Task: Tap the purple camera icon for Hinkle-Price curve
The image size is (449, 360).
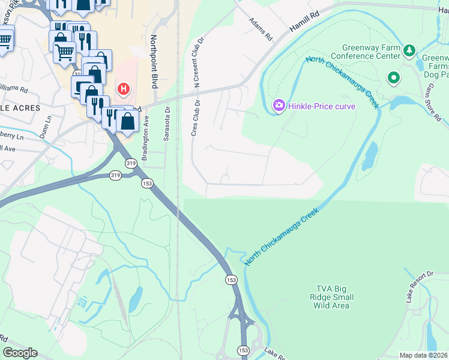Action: (279, 106)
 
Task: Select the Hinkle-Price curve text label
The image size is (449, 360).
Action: (322, 106)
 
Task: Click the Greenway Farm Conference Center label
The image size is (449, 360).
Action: (371, 52)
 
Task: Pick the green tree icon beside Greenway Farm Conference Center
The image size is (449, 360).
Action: (409, 49)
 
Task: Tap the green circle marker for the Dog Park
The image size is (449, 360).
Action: (394, 77)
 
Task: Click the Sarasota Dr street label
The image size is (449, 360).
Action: (167, 124)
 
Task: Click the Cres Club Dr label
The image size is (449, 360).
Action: (194, 117)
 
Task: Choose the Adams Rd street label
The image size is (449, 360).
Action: (261, 29)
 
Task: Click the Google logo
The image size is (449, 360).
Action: (20, 352)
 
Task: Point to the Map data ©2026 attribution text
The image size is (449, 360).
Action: (423, 355)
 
